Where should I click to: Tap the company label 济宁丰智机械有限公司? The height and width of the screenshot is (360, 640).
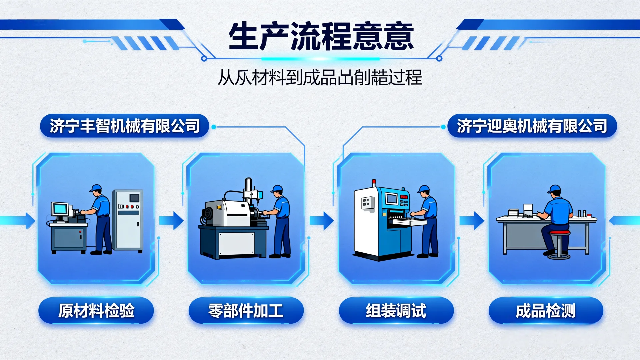coord(124,126)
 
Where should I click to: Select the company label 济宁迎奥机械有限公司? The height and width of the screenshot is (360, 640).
coord(532,126)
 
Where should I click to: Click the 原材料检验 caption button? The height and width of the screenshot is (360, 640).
coord(96,311)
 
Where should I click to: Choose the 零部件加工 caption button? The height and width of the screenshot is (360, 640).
coord(246,311)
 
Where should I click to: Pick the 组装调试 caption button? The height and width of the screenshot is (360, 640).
coord(396,311)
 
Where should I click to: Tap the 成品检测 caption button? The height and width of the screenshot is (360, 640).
coord(546,311)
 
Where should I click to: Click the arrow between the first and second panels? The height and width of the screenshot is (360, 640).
coord(171,220)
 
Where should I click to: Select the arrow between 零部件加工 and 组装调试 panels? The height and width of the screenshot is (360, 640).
coord(322,220)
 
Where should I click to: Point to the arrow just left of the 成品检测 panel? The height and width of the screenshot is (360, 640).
coord(472,220)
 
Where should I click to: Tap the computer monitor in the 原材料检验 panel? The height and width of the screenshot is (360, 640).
coord(60,209)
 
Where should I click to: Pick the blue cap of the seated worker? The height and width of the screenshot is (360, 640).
coord(554,189)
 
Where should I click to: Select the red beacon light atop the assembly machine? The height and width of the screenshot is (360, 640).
coord(374,182)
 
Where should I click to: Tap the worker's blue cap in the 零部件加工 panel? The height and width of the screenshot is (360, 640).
coord(277,189)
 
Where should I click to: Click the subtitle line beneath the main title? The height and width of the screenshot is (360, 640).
coord(320,78)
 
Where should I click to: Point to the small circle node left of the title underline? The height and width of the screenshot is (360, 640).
coord(204,59)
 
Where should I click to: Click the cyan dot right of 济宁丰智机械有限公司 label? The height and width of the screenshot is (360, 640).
coord(214,127)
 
